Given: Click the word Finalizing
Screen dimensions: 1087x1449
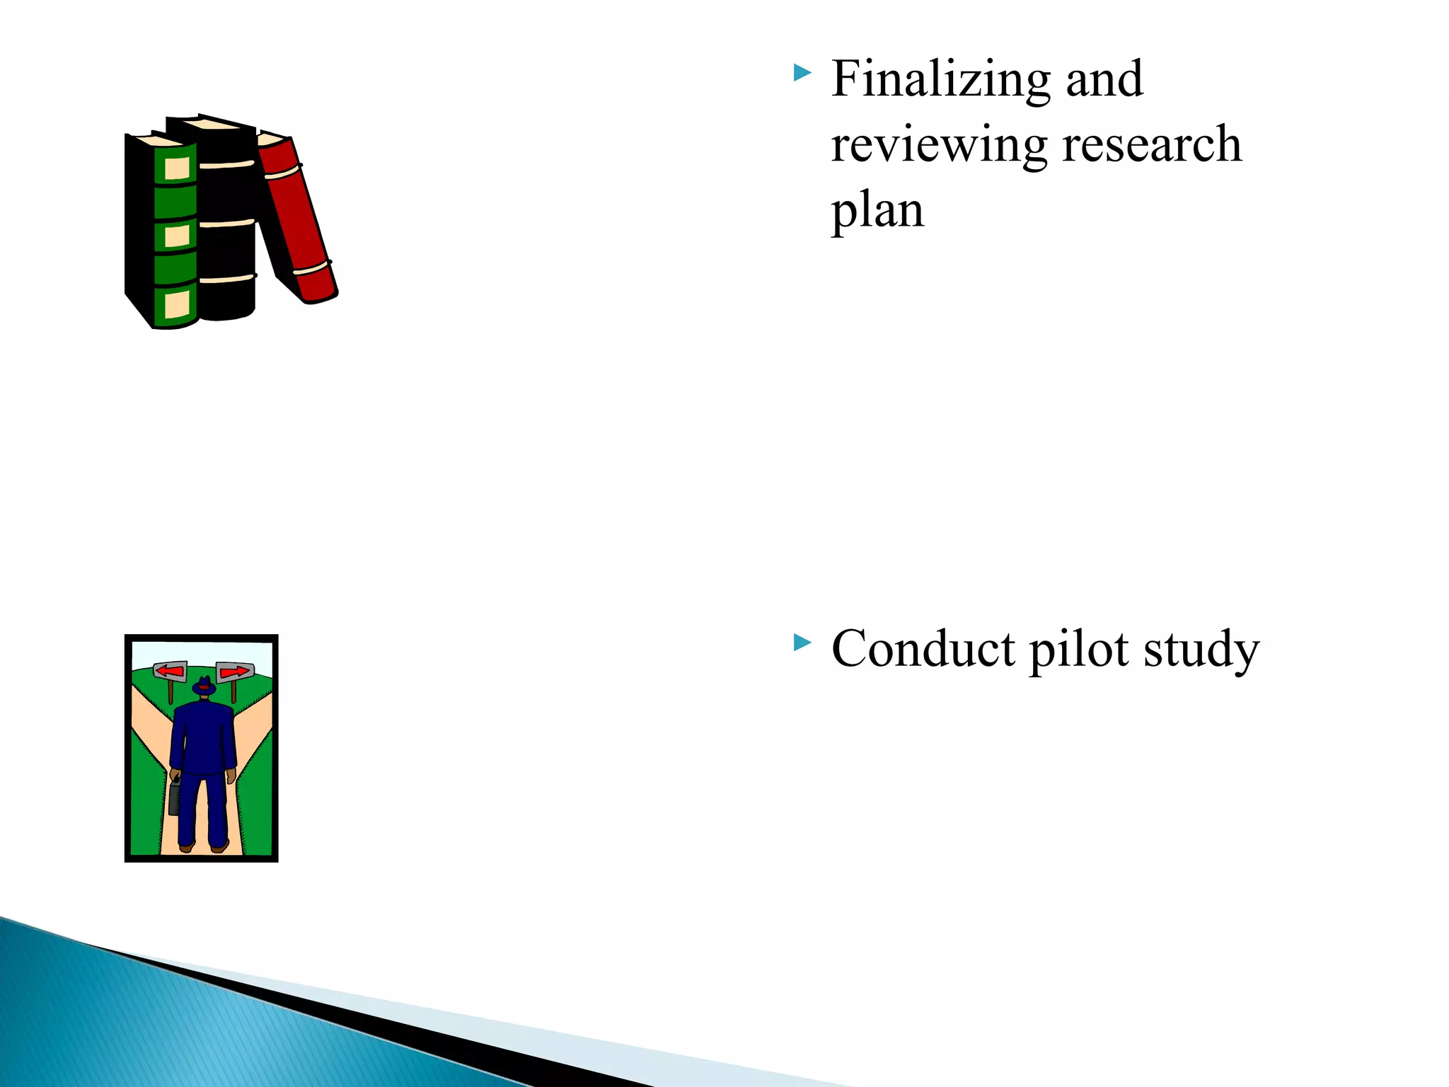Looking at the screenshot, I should pos(940,79).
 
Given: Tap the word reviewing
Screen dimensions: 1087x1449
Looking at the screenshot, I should pos(939,145).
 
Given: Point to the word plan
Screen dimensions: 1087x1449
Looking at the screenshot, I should pos(877,210).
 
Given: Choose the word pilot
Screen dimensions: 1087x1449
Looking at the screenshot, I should pos(1079,649).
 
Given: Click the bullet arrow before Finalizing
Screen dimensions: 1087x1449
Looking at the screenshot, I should pos(802,72).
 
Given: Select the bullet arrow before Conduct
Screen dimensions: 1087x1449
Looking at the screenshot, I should pos(802,643).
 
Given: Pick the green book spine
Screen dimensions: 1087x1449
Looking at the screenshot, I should pos(175,234).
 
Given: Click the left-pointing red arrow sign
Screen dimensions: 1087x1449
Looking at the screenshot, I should pos(170,670).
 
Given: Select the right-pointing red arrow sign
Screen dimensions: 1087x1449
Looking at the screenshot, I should pos(235,671).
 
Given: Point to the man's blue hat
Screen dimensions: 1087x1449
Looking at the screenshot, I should pos(204,686).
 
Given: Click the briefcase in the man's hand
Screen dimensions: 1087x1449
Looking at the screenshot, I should pos(174,798).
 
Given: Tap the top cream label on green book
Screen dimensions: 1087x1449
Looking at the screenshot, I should pos(177,168).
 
